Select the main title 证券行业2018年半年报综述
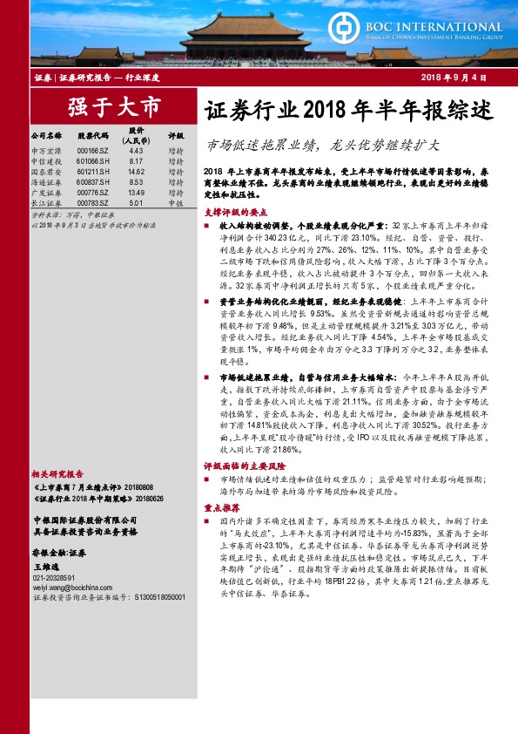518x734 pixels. click(x=348, y=112)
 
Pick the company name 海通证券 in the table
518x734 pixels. click(x=46, y=182)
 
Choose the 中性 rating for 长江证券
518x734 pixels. click(x=175, y=203)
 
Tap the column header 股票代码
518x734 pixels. click(x=91, y=136)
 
